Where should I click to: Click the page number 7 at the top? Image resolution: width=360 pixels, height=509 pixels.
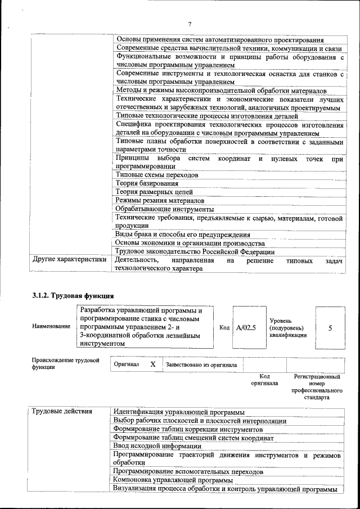click(190, 24)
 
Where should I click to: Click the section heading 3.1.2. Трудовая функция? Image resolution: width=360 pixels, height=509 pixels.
click(73, 295)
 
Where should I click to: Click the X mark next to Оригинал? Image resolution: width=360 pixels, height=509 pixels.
click(152, 364)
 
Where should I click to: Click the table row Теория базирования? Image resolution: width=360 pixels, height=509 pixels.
click(147, 183)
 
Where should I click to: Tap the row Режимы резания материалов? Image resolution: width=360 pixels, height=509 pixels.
click(160, 200)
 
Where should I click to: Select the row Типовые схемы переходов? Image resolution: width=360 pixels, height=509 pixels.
click(156, 175)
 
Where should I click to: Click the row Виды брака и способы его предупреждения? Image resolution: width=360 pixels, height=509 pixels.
click(182, 235)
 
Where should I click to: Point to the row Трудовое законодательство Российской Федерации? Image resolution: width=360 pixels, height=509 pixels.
click(195, 251)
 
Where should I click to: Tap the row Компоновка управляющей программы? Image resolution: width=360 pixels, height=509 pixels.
click(173, 480)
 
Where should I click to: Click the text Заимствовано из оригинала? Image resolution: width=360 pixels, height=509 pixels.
click(201, 365)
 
